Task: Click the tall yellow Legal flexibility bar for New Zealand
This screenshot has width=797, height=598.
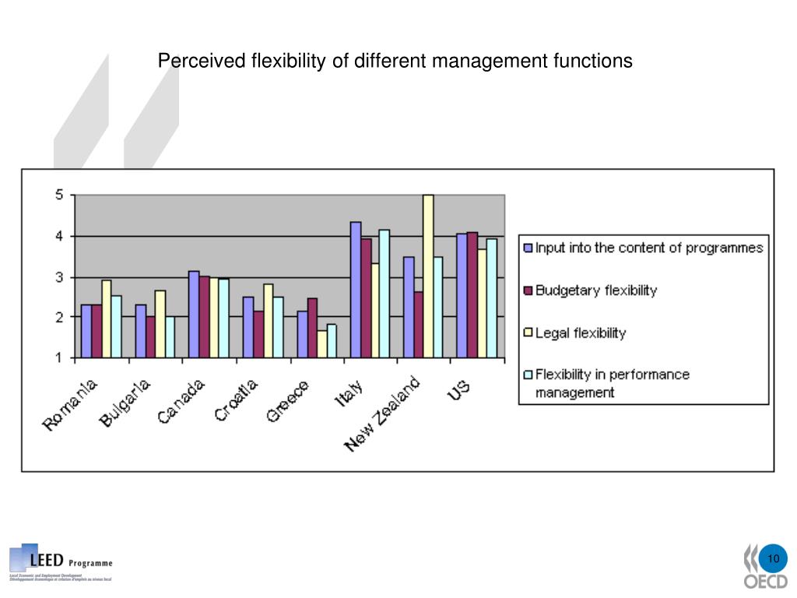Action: coord(427,276)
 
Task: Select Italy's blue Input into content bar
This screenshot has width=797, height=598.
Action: coord(356,290)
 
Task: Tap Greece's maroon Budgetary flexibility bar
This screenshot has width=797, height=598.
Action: coord(312,328)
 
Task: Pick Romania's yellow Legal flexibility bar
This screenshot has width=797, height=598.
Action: coord(107,319)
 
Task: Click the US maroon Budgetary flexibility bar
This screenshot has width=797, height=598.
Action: coord(472,295)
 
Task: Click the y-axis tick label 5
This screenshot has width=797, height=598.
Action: coord(59,195)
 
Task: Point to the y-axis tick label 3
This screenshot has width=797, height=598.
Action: coord(59,277)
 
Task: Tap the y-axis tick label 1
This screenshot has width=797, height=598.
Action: coord(59,358)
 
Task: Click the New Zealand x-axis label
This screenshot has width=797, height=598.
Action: coord(384,413)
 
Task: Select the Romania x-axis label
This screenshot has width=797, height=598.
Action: coord(71,405)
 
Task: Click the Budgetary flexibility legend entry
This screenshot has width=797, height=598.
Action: coord(595,290)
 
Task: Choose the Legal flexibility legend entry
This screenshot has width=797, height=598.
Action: coord(580,332)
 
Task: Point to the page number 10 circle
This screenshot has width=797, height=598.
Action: coord(773,560)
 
